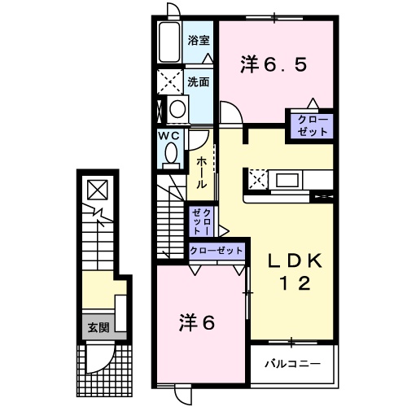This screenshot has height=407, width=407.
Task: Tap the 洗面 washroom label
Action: coord(199,81)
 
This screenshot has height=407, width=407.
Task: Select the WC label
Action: coord(168,135)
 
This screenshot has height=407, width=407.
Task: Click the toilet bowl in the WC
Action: coord(172,153)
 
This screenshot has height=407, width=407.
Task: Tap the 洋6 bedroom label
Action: coord(198,323)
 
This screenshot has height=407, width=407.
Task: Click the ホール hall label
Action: coord(201,173)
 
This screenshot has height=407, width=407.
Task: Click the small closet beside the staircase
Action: coord(202,221)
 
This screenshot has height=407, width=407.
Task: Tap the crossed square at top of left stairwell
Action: coord(96,190)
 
